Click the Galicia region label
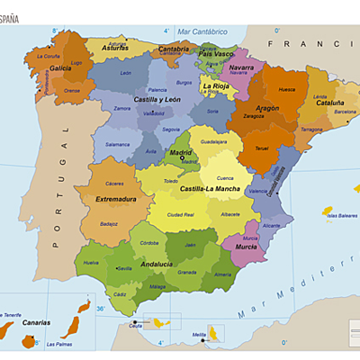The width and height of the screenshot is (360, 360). pos(61,67)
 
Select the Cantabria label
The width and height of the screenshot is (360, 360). pos(174,49)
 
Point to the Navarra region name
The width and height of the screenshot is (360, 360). pos(241,67)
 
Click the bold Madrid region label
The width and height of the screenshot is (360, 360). pos(182,153)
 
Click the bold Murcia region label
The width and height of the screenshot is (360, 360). pos(247,246)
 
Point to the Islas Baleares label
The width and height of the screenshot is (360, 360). pos(342,216)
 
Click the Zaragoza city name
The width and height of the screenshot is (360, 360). pos(253,116)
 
